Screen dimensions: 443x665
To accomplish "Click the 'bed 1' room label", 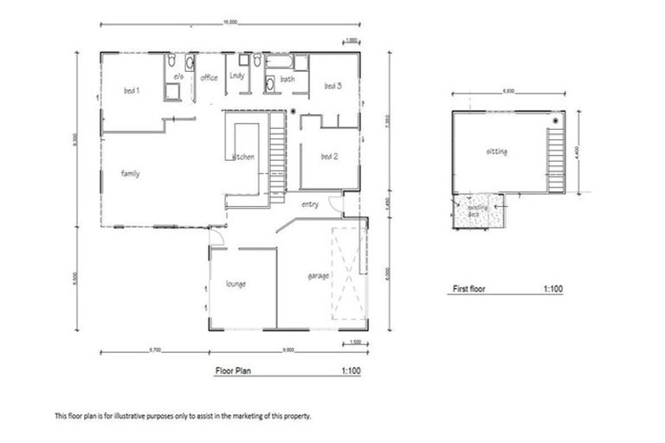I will point(132,90).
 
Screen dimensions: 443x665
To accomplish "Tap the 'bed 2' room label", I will point(328,157).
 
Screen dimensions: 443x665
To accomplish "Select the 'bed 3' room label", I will point(333,86).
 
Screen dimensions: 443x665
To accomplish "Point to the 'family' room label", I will point(130,174).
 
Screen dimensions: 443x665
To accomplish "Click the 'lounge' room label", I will point(237,283).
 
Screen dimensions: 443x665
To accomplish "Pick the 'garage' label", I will point(318,277).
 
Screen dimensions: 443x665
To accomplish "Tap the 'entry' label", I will point(310,205).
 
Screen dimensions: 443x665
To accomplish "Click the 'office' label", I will point(210,78).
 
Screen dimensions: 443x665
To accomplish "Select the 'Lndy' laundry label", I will point(237,76).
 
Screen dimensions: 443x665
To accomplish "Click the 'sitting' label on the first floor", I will point(497,152).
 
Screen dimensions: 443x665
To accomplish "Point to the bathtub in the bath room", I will point(281,62).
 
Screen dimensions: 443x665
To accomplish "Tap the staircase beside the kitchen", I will point(277,160).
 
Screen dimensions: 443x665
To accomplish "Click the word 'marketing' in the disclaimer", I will point(249,416).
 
